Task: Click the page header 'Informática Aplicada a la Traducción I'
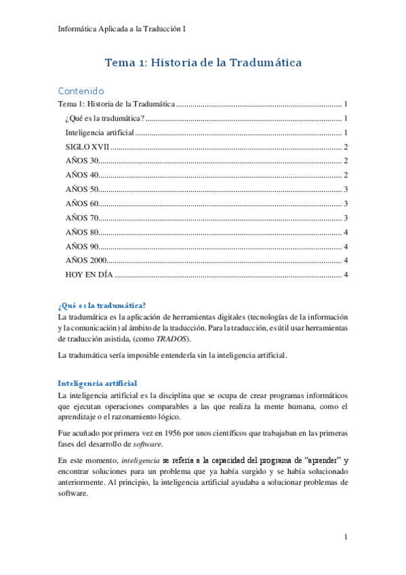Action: tap(123, 28)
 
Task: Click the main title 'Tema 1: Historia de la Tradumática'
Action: tap(203, 62)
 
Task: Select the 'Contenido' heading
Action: tap(81, 90)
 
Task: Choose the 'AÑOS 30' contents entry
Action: tap(82, 161)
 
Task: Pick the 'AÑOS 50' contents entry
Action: tap(82, 189)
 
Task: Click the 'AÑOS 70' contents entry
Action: tap(82, 218)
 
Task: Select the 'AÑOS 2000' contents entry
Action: tap(86, 260)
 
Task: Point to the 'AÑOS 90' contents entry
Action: tap(82, 246)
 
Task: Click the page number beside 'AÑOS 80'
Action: tap(346, 232)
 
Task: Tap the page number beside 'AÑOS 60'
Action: tap(346, 203)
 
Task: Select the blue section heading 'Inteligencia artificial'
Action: tap(98, 383)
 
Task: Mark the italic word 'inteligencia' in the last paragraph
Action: tap(140, 460)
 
